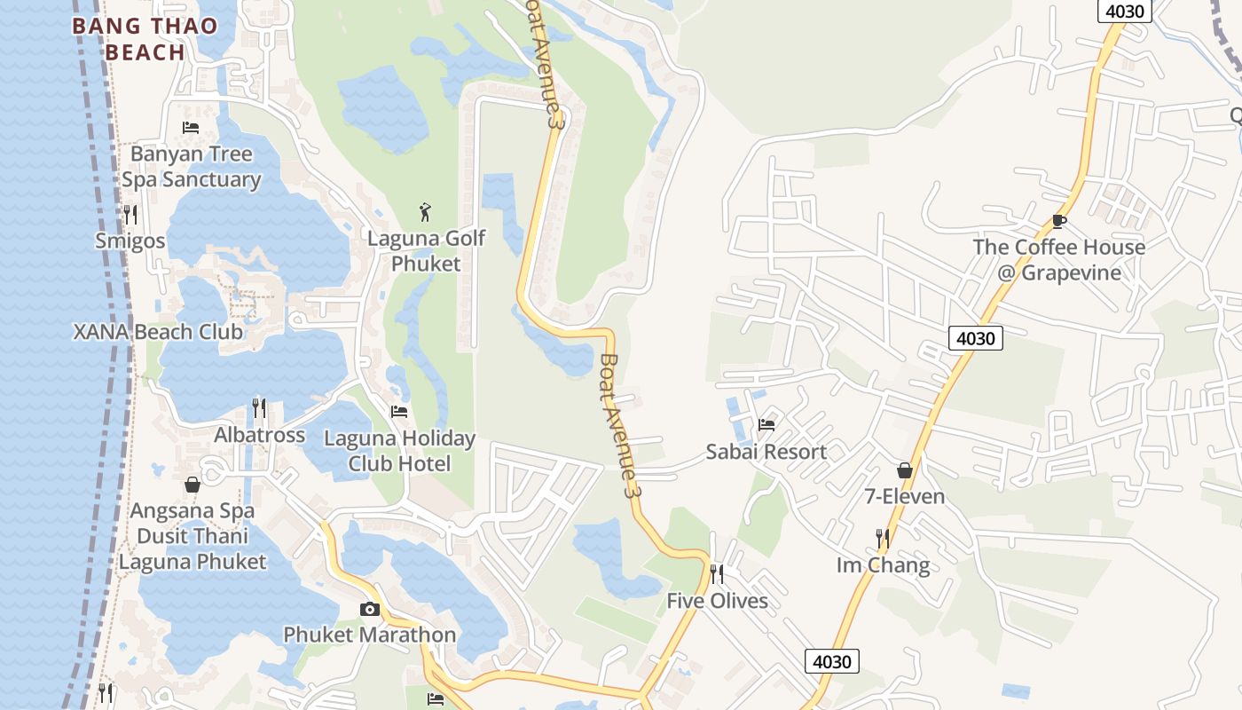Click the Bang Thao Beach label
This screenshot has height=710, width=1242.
click(x=145, y=39)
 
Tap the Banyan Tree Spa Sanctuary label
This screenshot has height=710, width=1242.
click(x=192, y=167)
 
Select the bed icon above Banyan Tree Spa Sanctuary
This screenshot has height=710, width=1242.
click(x=191, y=128)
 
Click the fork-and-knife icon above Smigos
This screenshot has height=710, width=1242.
click(x=130, y=214)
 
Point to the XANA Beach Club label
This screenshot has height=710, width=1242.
click(x=158, y=332)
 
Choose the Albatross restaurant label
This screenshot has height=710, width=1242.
click(x=259, y=435)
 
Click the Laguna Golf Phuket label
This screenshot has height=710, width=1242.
click(x=427, y=251)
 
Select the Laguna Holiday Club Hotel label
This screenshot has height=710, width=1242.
click(x=399, y=451)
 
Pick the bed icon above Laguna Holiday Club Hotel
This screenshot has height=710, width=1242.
click(x=399, y=412)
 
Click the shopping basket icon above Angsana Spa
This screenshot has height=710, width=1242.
click(x=193, y=485)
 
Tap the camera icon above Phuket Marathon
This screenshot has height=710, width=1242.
click(x=369, y=609)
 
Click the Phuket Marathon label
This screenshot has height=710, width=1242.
click(x=369, y=635)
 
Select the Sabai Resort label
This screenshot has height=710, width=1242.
click(x=766, y=452)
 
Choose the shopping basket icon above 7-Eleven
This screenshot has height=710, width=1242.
click(x=905, y=470)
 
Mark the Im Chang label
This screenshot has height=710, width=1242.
click(x=883, y=565)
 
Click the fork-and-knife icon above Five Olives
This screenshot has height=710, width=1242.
click(x=717, y=574)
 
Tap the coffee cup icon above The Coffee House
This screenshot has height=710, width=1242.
click(x=1058, y=221)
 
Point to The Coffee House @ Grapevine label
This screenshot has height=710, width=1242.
click(x=1058, y=259)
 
